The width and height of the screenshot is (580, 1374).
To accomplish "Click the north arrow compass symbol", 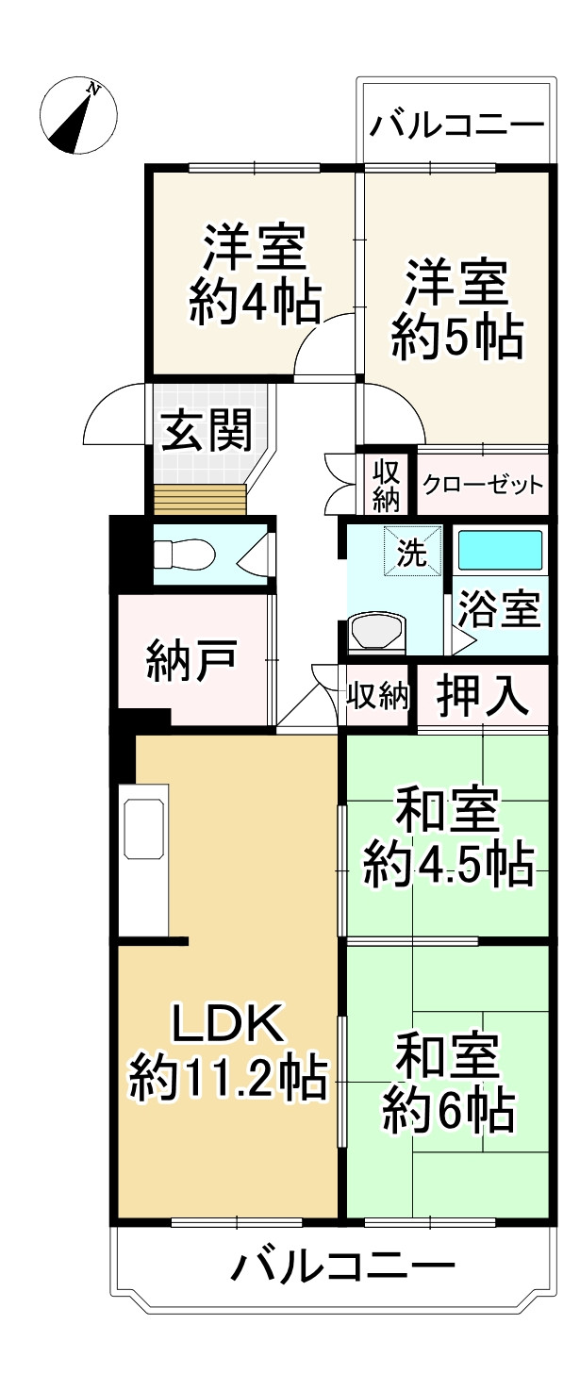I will [78, 117].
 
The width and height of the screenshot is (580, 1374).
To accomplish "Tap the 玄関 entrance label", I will [206, 432].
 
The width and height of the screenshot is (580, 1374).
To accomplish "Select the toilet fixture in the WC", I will [179, 555].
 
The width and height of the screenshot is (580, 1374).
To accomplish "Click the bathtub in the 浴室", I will [500, 550].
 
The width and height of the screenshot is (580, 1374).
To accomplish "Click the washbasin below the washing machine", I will [376, 633].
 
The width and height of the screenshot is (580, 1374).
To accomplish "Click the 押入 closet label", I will [482, 697].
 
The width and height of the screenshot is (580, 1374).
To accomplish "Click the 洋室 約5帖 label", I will [456, 308].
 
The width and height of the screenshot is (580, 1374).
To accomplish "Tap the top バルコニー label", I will [456, 124].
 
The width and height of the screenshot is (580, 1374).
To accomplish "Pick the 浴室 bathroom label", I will [499, 611].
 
